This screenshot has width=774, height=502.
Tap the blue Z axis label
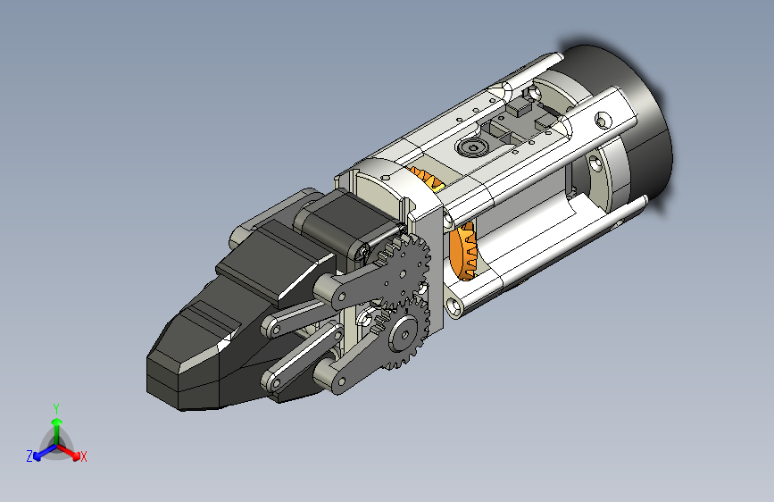[29, 456]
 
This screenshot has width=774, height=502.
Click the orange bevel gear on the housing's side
[464, 251]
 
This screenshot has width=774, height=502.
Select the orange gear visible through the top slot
[427, 178]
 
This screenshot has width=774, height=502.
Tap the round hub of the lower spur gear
[404, 335]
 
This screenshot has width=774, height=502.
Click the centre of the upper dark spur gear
[404, 273]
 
